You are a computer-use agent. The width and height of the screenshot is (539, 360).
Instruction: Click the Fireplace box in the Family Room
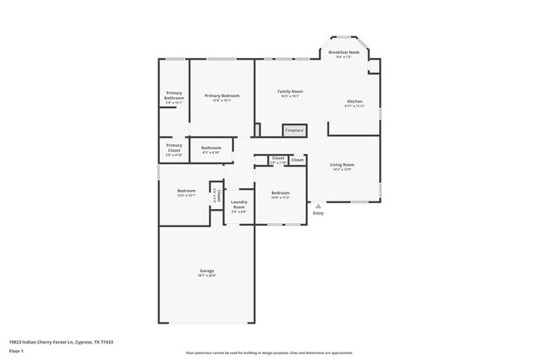point(294,130)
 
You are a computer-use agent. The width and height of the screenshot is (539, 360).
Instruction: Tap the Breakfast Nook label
point(343,53)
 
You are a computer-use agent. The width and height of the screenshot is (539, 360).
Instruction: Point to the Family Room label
point(289,91)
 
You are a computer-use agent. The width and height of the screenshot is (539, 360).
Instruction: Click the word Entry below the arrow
point(318,213)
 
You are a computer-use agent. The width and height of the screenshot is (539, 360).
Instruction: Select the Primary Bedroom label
point(221,96)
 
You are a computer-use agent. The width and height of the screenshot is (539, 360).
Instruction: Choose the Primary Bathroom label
point(174,95)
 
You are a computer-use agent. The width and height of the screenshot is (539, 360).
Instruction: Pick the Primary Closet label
point(174,147)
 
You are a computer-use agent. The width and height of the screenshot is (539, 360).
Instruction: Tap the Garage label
point(206,272)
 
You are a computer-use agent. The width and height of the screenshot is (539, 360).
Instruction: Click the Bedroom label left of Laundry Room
point(186,192)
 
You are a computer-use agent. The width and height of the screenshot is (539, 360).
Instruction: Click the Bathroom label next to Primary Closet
point(211,148)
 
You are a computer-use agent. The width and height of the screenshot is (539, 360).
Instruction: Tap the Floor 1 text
point(17,349)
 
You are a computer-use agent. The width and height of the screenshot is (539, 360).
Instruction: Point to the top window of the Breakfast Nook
point(343,36)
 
